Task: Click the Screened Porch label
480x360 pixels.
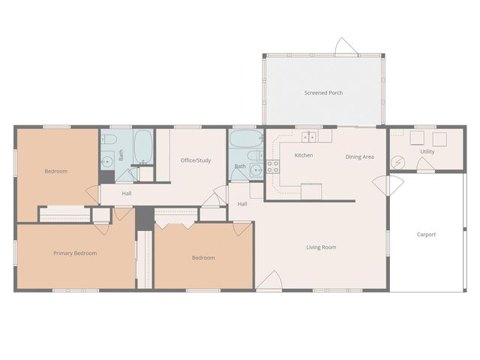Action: point(323,93)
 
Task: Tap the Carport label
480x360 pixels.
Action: point(426,235)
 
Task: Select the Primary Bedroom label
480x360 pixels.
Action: point(75,253)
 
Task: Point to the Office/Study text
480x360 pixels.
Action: point(196,160)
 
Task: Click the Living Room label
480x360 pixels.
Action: point(321,247)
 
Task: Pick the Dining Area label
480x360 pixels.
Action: point(359,157)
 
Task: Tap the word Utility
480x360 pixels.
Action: point(427,151)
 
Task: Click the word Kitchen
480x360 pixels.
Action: point(303,155)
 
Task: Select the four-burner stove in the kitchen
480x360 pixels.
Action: point(273,166)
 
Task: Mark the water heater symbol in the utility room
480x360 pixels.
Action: point(399,162)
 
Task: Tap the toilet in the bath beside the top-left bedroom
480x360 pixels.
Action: point(108,140)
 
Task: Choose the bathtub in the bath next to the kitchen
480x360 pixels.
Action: point(245,139)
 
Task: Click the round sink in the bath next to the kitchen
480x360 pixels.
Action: point(256,169)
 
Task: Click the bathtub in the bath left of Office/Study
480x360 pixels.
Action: point(143,146)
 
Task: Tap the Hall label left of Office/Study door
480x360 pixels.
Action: point(127,193)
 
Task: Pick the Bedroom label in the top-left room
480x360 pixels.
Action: point(55,172)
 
